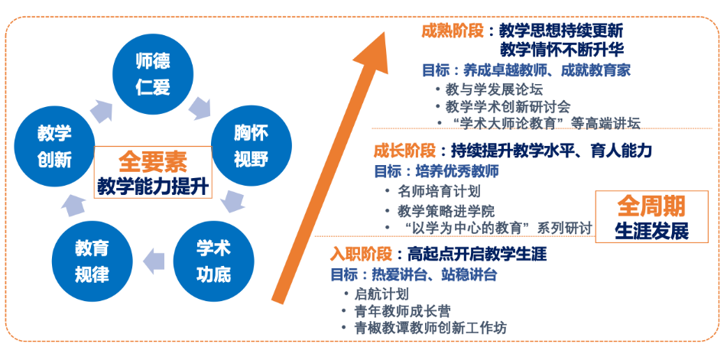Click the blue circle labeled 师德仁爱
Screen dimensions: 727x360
pyautogui.click(x=154, y=74)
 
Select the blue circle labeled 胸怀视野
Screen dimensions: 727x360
pyautogui.click(x=252, y=147)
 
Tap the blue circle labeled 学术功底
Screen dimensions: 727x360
pyautogui.click(x=214, y=261)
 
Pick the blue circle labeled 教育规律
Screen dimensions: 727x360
pyautogui.click(x=92, y=261)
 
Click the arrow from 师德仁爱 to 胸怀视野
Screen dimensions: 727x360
pyautogui.click(x=201, y=108)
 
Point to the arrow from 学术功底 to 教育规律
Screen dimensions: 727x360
pyautogui.click(x=154, y=261)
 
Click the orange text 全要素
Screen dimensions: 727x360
pyautogui.click(x=153, y=163)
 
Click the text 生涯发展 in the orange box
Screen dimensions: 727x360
pyautogui.click(x=651, y=232)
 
